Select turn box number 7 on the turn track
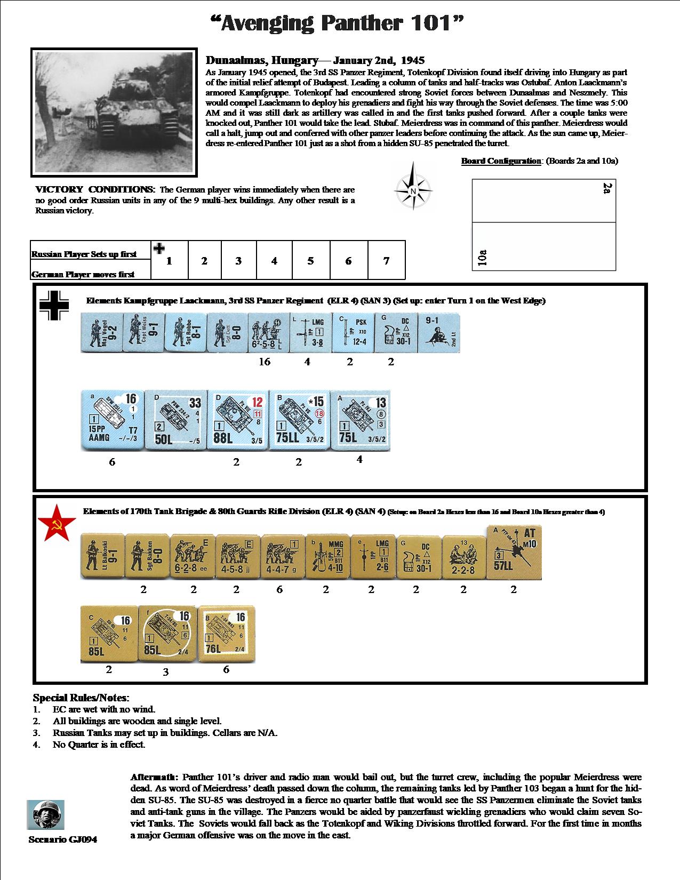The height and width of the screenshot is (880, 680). tap(386, 260)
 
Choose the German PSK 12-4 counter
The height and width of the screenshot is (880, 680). tap(352, 332)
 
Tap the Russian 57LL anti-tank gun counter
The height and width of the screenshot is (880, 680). tap(514, 552)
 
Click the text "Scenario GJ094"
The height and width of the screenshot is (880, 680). tap(63, 839)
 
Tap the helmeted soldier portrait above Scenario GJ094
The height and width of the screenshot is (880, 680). tap(45, 814)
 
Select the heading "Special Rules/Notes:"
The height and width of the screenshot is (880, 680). tap(81, 698)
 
